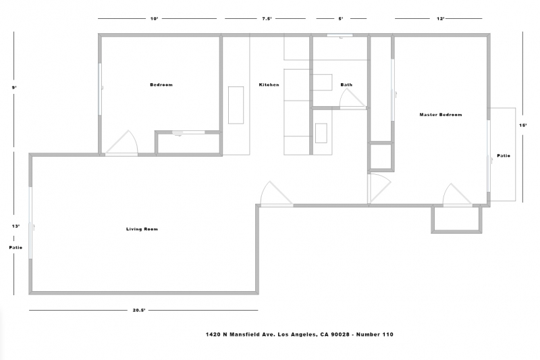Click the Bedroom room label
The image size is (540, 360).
coord(161,84)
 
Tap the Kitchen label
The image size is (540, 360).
coord(269,84)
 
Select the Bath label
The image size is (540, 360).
coord(346,84)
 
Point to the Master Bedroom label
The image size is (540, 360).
coord(441,115)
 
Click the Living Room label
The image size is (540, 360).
coord(142,229)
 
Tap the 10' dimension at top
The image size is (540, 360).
coord(154,19)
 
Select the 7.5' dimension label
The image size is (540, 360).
coord(267,19)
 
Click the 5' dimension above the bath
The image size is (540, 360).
coord(341,19)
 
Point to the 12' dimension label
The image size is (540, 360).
coord(441,19)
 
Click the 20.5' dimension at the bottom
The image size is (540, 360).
coord(139,310)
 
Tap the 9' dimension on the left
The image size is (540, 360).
coord(14,88)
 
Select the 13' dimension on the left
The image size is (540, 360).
coord(16,226)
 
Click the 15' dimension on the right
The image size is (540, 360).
coord(522,126)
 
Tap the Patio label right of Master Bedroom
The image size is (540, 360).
coord(504,156)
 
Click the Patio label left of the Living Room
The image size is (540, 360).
coord(16,247)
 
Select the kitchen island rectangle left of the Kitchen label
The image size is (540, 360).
coord(236,105)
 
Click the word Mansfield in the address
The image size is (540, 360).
coord(244,334)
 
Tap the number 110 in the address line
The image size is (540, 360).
coord(387,334)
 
